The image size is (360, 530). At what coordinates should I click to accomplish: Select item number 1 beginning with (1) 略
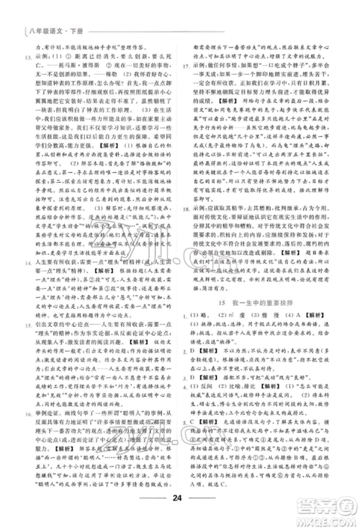(x=187, y=339)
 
